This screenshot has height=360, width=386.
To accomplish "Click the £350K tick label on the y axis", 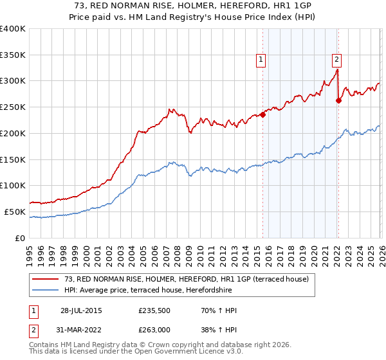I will (x=12, y=55).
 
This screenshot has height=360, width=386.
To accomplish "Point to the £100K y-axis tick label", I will (x=12, y=185).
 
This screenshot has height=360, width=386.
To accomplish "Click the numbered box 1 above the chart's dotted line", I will (x=261, y=60).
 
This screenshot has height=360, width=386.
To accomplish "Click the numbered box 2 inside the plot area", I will (x=336, y=60).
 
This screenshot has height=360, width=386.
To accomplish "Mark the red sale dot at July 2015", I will (x=263, y=115).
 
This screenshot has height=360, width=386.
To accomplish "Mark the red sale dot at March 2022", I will (x=338, y=100).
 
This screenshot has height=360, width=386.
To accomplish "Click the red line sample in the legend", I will (x=46, y=279).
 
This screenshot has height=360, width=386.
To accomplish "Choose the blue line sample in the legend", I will (x=46, y=290).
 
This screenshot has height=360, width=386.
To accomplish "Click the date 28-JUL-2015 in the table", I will (x=81, y=310).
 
